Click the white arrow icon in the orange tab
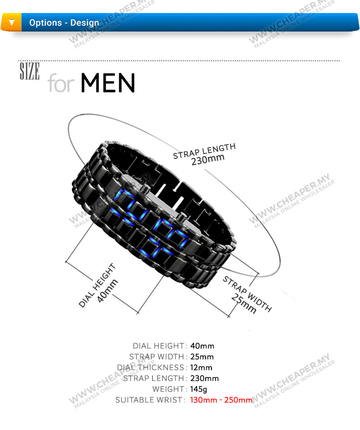click(12, 22)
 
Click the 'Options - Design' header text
click(64, 23)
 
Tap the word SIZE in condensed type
click(30, 71)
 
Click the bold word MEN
click(108, 83)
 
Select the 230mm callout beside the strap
click(208, 159)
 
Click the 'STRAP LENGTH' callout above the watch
click(204, 151)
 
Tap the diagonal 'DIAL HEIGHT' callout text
click(97, 285)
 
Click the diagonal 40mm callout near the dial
click(108, 291)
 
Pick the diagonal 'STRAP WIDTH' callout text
click(247, 294)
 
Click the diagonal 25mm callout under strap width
click(244, 303)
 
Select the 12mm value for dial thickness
click(201, 367)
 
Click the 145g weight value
click(198, 389)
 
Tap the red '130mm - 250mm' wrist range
click(221, 400)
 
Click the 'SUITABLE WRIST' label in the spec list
click(149, 400)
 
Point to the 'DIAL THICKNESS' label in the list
click(151, 367)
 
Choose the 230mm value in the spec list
click(204, 378)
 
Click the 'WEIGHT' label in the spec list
click(168, 389)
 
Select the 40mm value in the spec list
click(202, 346)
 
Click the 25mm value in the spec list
click(202, 357)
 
